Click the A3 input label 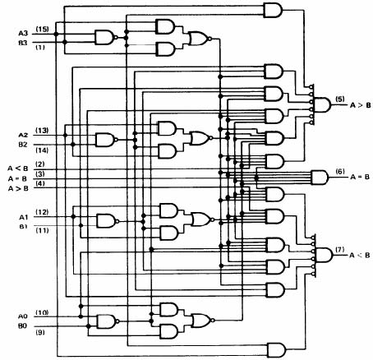23,34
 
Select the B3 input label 23,43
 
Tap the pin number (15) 42,29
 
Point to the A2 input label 23,135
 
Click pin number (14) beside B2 42,150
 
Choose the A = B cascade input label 17,179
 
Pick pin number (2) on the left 40,164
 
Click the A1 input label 24,217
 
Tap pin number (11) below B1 43,230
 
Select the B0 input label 23,326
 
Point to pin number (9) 40,333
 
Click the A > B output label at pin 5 361,105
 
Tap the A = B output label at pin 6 360,177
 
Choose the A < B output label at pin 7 360,255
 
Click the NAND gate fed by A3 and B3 106,37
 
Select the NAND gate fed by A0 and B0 108,321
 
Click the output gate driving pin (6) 320,178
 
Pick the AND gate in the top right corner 273,11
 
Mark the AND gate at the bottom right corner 276,350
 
